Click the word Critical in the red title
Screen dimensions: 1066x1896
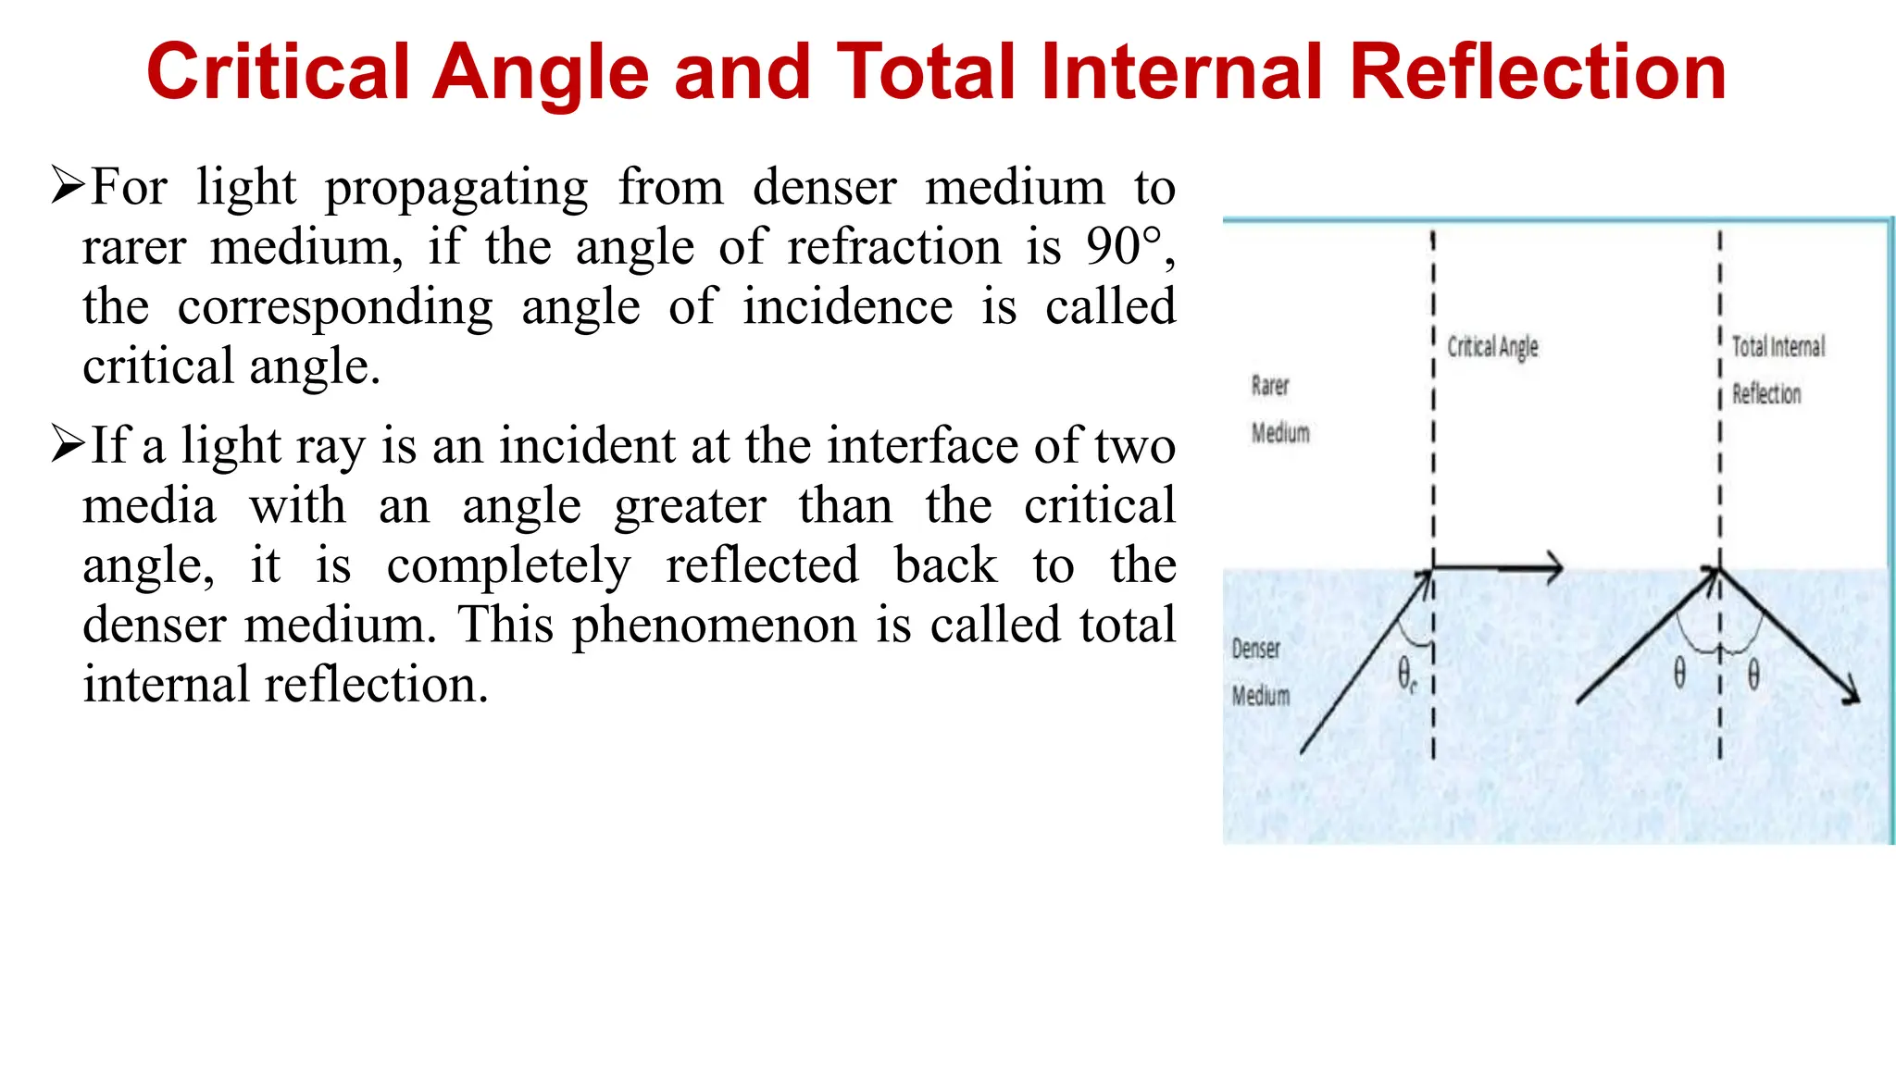tap(278, 72)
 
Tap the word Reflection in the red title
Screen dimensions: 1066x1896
tap(1538, 72)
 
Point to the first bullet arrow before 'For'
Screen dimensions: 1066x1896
tap(68, 185)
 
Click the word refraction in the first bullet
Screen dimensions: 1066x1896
tap(894, 247)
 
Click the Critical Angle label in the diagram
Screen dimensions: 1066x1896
tap(1492, 347)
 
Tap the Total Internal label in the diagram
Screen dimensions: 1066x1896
tap(1778, 347)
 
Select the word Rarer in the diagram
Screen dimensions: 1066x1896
tap(1270, 386)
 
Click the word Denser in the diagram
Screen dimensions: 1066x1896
tap(1256, 649)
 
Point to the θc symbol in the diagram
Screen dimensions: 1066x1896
tap(1406, 675)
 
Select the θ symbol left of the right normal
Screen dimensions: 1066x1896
tap(1679, 674)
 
